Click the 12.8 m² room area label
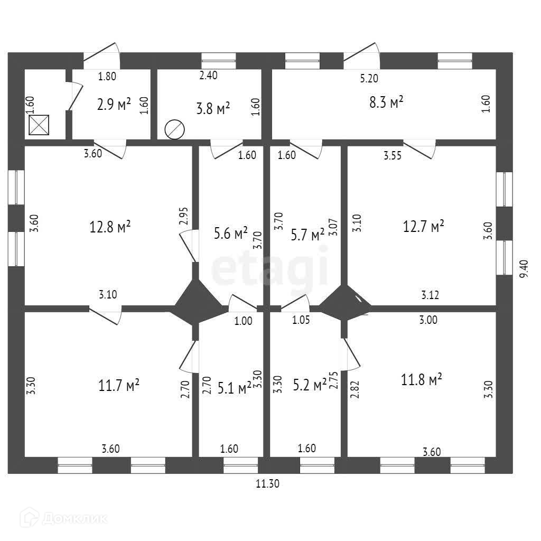[x=110, y=228]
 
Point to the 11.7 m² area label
[x=119, y=385]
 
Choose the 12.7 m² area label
[x=423, y=227]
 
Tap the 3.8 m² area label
[x=213, y=109]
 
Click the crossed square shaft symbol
[x=39, y=125]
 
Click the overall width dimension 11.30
[x=267, y=482]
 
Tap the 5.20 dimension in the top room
[x=369, y=78]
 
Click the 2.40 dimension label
[x=208, y=75]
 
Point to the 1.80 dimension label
[x=107, y=76]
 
